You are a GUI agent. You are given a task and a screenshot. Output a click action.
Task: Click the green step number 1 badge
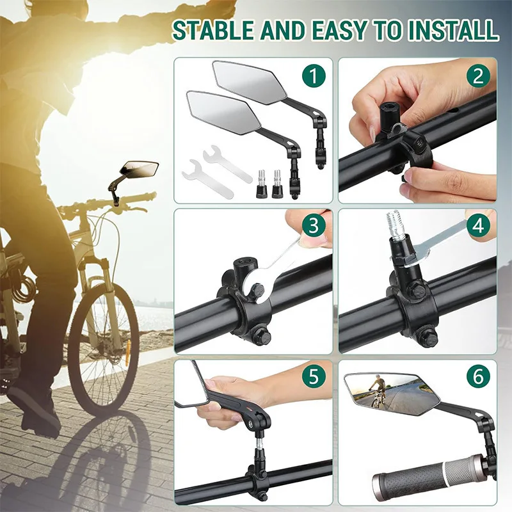[x=313, y=77]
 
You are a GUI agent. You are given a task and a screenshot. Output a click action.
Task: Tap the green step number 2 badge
[x=477, y=77]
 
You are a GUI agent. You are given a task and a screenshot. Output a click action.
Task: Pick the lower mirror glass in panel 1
[x=218, y=110]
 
